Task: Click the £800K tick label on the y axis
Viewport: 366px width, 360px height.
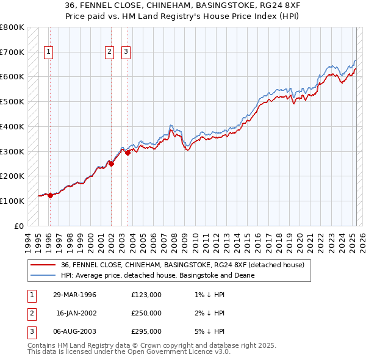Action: [12, 27]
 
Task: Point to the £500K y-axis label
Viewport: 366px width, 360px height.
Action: [12, 102]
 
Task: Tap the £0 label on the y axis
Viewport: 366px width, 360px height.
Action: [19, 226]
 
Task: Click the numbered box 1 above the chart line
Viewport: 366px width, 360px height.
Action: [48, 52]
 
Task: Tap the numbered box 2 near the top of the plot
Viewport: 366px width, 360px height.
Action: [109, 52]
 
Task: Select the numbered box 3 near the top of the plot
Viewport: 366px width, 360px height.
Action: [126, 52]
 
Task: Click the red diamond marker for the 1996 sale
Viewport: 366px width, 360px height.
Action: [50, 195]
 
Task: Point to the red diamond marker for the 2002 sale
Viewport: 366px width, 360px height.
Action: [111, 164]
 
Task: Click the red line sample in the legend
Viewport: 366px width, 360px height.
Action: [43, 265]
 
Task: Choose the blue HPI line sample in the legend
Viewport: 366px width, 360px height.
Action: [43, 275]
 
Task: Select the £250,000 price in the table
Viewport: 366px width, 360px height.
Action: [146, 313]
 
